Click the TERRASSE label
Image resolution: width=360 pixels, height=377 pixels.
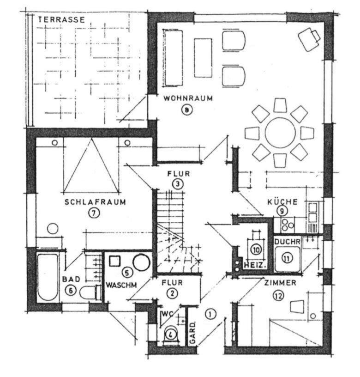(61, 19)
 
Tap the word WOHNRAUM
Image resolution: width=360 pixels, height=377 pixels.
(188, 98)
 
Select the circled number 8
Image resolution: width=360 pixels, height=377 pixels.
(187, 110)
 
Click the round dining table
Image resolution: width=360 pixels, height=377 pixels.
(280, 133)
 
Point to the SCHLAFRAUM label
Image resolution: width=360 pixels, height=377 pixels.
(95, 202)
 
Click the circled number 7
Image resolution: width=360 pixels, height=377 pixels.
(94, 213)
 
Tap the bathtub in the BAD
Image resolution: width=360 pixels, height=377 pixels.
(48, 277)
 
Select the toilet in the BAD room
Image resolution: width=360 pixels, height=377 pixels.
(90, 292)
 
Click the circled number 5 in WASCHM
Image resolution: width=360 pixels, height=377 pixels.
(127, 273)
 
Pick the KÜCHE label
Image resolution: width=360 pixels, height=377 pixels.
(282, 202)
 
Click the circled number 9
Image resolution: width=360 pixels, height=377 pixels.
(282, 211)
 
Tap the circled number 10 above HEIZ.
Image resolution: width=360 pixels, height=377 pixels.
(256, 249)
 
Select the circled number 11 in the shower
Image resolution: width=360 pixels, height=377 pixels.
(287, 258)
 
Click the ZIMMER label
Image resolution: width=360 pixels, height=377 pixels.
(280, 283)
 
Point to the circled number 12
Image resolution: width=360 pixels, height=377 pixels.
(278, 296)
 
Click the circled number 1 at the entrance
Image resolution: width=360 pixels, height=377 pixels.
(210, 314)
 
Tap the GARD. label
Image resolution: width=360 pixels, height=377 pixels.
(193, 333)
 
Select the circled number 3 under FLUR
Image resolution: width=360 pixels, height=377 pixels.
(178, 184)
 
